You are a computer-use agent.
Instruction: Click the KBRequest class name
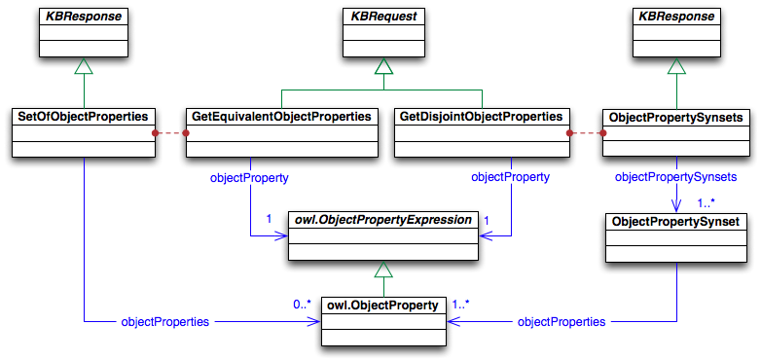click(383, 18)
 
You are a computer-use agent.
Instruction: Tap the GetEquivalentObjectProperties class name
click(280, 118)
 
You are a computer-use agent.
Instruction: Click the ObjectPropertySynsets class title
click(675, 118)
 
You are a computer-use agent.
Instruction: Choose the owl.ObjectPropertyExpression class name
click(383, 221)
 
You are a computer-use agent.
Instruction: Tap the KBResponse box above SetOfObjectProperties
click(84, 18)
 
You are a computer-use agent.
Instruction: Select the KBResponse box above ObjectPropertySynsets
click(675, 18)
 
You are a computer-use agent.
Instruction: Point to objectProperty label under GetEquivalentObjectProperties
click(250, 178)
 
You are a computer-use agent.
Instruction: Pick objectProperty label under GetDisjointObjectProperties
click(510, 178)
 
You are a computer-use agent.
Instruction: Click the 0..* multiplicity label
click(302, 305)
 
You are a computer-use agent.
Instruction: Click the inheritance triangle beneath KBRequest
click(383, 67)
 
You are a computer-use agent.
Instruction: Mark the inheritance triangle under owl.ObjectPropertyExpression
click(383, 270)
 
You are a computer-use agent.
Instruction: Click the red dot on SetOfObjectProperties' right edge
click(154, 132)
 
